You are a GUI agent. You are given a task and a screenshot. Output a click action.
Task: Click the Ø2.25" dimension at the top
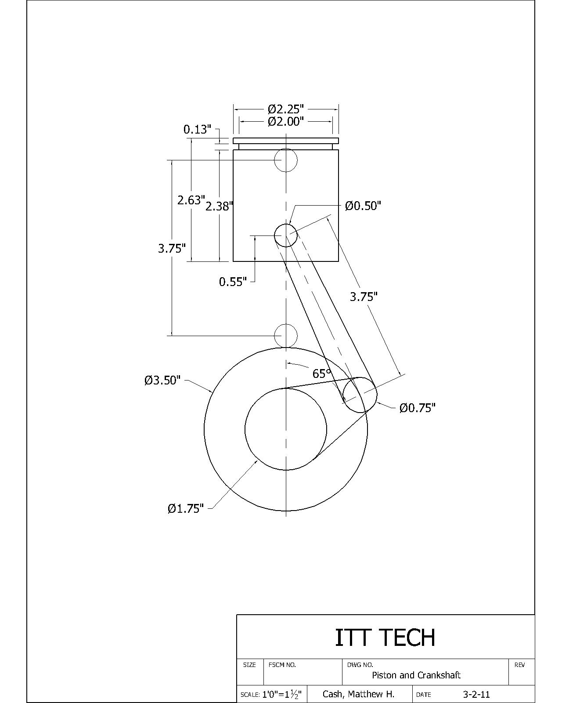point(286,109)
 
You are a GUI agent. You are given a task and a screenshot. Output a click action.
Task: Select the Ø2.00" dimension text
point(286,121)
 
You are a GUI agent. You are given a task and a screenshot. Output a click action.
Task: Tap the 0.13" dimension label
point(197,130)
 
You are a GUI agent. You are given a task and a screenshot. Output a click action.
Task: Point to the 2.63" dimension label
point(191,200)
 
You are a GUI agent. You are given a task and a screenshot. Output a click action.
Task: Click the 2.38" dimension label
point(219,207)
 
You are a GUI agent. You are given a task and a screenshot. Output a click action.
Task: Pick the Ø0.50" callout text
point(363,206)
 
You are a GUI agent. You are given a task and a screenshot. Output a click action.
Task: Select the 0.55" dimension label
point(233,282)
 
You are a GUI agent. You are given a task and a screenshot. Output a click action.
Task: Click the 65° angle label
point(321,373)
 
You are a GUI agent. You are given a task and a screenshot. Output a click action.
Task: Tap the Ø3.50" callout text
point(162,380)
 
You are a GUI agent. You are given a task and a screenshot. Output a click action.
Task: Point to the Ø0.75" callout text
point(417,408)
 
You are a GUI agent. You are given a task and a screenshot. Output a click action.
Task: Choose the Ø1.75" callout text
point(186,509)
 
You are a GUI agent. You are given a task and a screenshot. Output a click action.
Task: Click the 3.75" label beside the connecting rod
point(364,297)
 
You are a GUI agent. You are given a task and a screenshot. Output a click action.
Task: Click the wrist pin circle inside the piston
point(286,236)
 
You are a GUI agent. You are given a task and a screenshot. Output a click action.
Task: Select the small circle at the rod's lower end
point(360,395)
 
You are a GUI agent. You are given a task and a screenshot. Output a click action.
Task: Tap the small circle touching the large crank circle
point(286,336)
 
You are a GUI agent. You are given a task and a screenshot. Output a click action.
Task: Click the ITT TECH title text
point(385,638)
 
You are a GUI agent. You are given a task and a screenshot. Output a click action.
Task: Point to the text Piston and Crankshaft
point(416,675)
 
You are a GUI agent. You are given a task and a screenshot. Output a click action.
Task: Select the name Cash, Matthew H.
point(358,694)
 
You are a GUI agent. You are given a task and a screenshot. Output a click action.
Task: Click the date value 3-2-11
point(476,695)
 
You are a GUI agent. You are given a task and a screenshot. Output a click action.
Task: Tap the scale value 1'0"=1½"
point(281,695)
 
